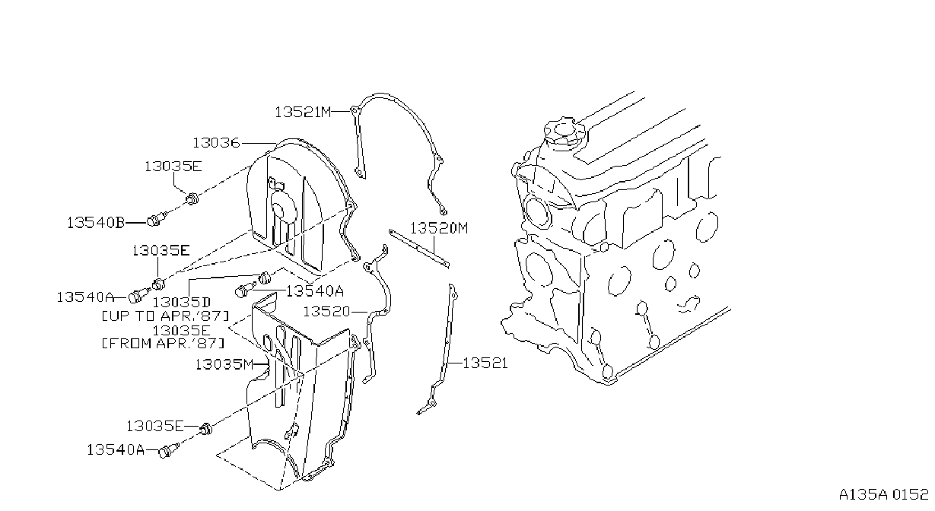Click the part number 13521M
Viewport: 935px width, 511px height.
click(303, 112)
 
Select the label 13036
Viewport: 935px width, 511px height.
click(216, 143)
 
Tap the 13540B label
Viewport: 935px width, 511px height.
click(96, 222)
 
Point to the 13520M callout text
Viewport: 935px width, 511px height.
click(439, 228)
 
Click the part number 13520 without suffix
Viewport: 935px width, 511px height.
click(326, 312)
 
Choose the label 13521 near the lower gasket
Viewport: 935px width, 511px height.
click(485, 363)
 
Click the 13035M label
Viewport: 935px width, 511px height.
click(224, 364)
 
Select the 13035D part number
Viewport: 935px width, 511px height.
click(182, 302)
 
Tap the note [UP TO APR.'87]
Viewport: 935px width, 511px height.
click(166, 316)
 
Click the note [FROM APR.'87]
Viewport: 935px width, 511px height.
click(164, 343)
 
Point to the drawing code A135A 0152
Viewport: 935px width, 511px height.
click(883, 494)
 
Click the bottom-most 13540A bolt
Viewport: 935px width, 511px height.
click(169, 450)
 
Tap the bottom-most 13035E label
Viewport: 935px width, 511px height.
click(154, 426)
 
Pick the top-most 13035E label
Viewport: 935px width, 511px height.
click(173, 167)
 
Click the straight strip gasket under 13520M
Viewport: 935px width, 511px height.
click(419, 249)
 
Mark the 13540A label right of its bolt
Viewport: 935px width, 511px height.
click(315, 290)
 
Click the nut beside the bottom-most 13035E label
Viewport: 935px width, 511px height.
click(205, 428)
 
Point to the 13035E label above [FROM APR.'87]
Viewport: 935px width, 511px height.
click(181, 330)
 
